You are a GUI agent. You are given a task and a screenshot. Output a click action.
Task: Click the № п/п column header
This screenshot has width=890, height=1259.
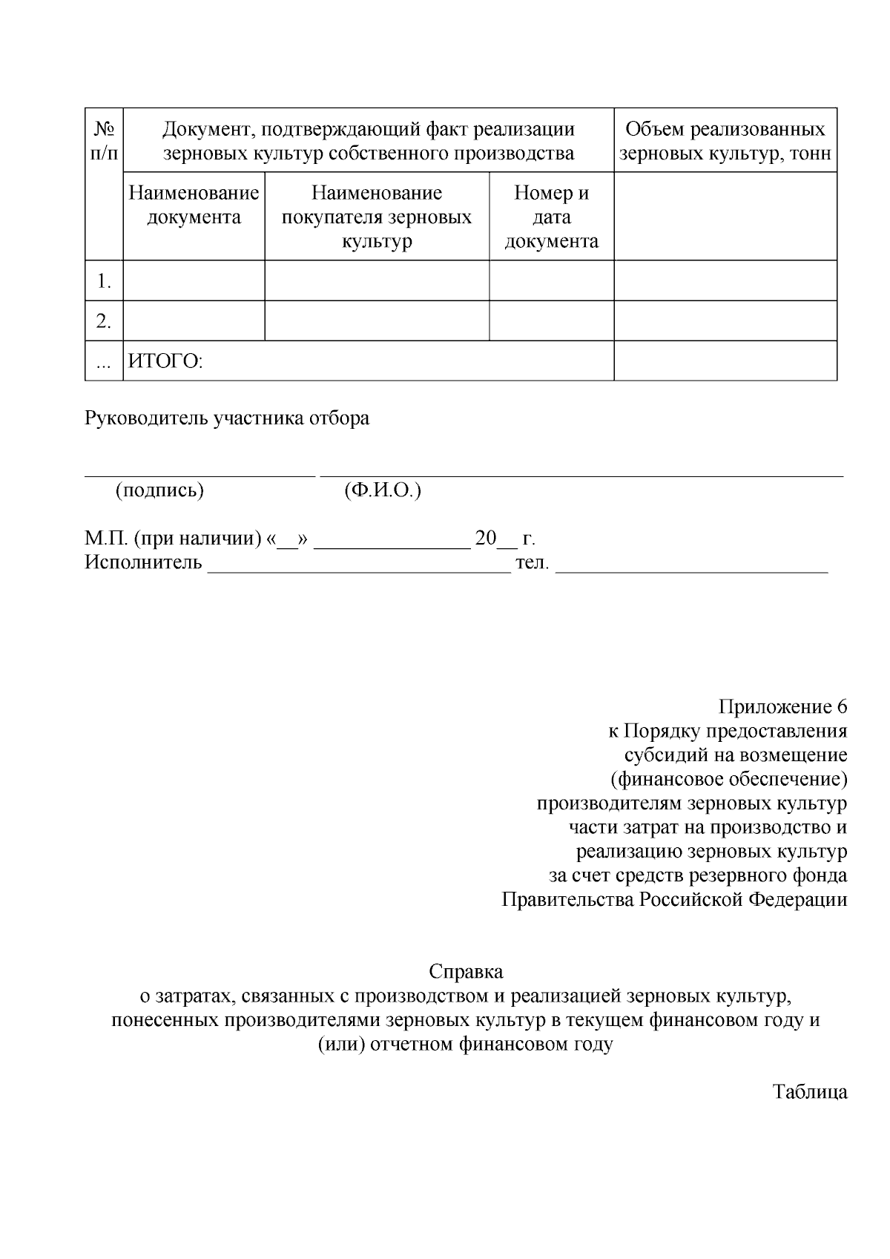[104, 141]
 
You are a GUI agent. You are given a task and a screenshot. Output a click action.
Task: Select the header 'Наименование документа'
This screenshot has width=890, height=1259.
[194, 205]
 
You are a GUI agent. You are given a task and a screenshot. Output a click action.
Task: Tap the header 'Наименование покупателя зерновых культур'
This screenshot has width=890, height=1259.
[377, 217]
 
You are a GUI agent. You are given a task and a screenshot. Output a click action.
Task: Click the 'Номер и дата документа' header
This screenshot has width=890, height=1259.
[551, 217]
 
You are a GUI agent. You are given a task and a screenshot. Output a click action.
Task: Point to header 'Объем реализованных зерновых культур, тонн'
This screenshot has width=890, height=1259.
[725, 141]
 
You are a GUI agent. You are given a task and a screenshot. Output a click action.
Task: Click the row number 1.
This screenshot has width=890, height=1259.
[104, 281]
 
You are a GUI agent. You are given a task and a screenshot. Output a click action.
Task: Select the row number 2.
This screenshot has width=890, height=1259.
[104, 321]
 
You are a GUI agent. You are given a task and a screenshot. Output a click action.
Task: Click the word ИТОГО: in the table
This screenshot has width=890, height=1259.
[165, 361]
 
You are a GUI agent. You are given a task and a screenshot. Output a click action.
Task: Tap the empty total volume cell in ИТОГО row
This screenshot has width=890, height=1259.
[725, 361]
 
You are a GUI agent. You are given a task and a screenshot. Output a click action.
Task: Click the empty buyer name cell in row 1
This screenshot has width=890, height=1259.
[377, 281]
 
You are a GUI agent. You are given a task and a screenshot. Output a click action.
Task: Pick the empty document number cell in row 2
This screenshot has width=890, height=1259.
[551, 321]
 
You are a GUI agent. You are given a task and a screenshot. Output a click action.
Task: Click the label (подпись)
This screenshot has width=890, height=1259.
[159, 490]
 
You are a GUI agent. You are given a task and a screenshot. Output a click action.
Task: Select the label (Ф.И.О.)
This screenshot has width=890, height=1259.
[383, 490]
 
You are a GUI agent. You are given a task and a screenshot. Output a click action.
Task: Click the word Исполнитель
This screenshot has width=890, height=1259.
[143, 562]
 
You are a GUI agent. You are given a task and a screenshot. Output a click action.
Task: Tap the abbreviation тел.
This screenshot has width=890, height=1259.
[532, 562]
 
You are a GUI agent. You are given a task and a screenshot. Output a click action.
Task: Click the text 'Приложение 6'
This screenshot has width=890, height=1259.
[782, 706]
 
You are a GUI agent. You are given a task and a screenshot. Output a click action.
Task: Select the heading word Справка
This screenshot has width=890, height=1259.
[466, 971]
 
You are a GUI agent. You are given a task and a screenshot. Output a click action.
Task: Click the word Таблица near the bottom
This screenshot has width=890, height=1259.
[810, 1092]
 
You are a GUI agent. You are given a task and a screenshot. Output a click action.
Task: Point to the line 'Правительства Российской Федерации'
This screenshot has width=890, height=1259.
[674, 899]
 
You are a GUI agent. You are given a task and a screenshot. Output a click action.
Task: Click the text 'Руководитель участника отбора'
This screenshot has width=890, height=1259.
[227, 418]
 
